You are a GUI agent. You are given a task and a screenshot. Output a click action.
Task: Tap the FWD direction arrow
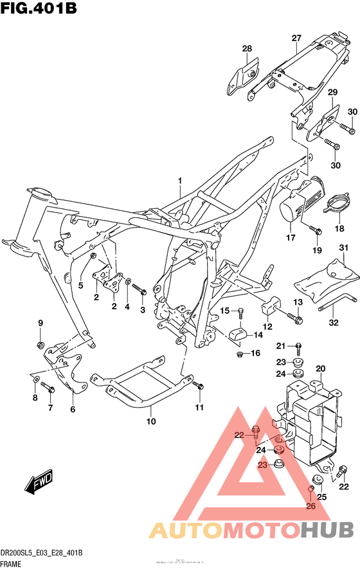[x=39, y=481]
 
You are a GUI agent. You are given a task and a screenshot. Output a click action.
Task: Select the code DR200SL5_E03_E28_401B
[x=42, y=554]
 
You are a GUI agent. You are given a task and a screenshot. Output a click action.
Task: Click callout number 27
[x=296, y=39]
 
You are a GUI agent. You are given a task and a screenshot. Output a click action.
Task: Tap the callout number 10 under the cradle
[x=151, y=422]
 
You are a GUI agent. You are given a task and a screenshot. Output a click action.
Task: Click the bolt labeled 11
[x=199, y=386]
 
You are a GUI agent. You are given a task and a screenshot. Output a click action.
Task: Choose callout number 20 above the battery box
[x=321, y=368]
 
